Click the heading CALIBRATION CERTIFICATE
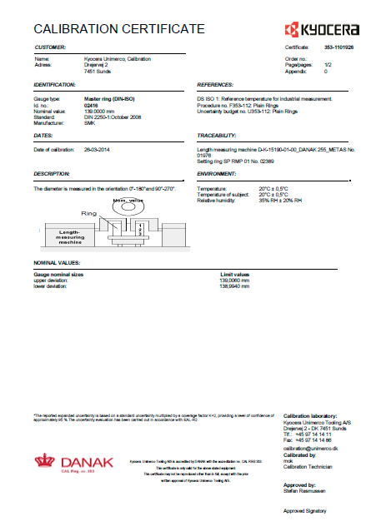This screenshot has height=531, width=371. [x=118, y=29]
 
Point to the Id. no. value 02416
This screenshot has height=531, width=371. [x=92, y=106]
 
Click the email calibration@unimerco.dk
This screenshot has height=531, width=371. [x=313, y=449]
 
